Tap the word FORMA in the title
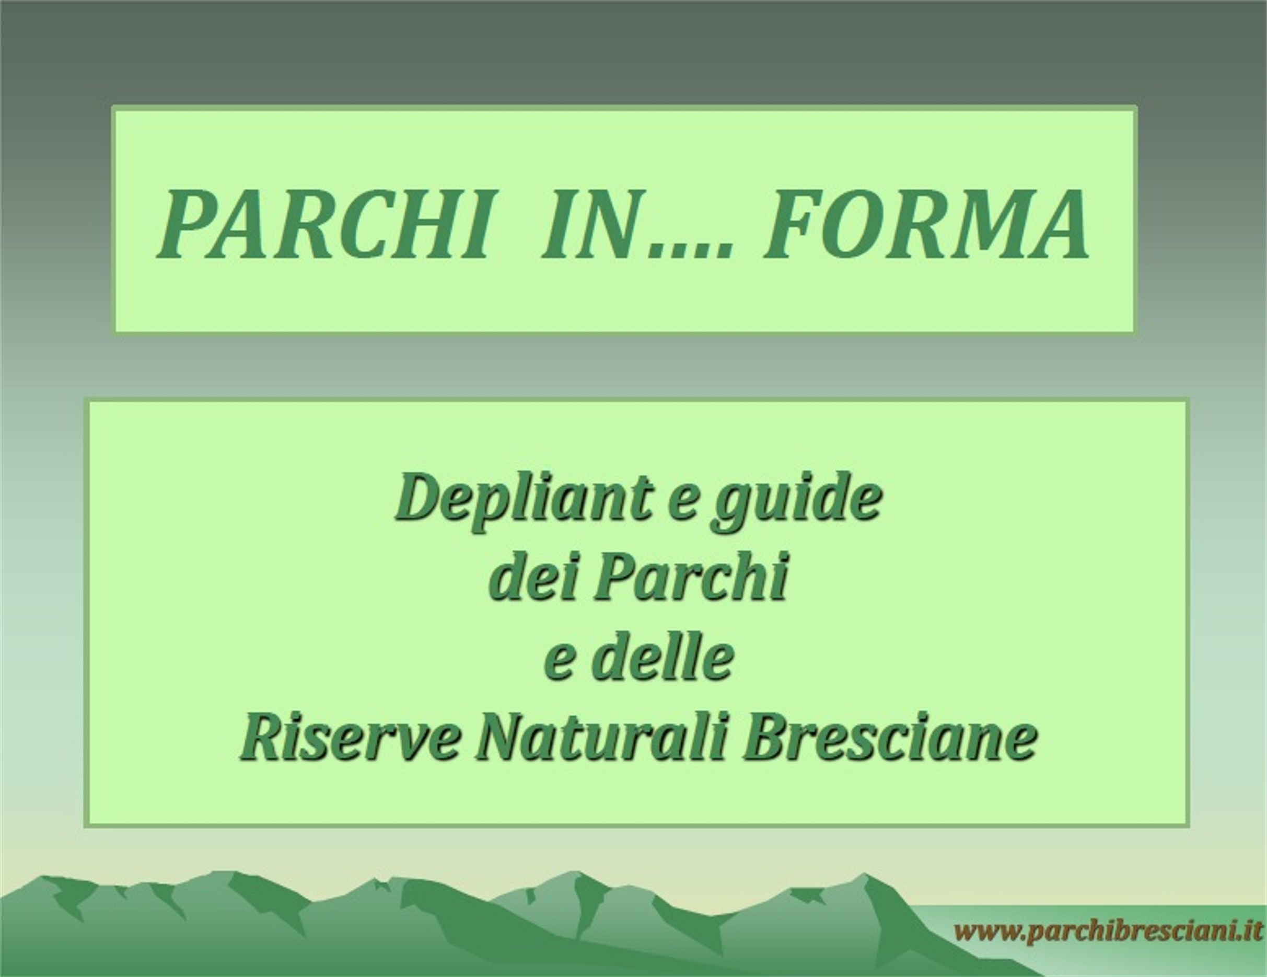pos(925,224)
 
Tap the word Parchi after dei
pos(690,581)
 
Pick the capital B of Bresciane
pos(771,741)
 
